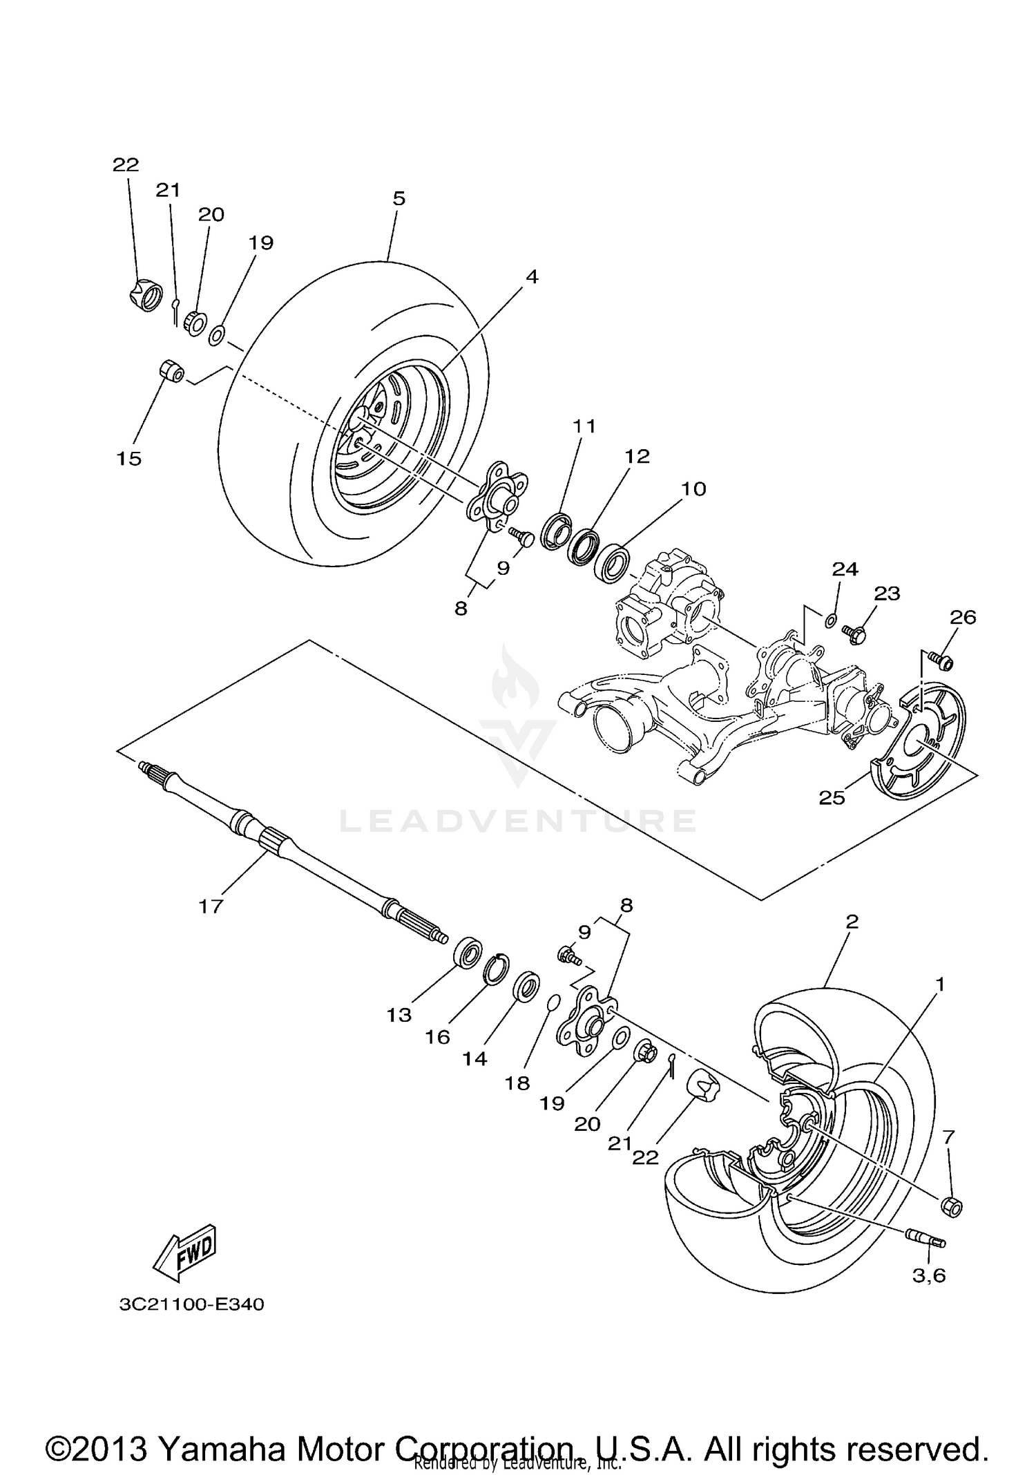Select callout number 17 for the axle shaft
(x=211, y=906)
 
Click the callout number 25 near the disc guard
(x=832, y=798)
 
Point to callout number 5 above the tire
(x=399, y=199)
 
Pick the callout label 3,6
(x=929, y=1275)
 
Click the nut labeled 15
(x=171, y=372)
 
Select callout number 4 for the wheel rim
(x=531, y=277)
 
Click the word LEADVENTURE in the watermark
(x=517, y=821)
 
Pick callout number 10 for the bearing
(x=693, y=489)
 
